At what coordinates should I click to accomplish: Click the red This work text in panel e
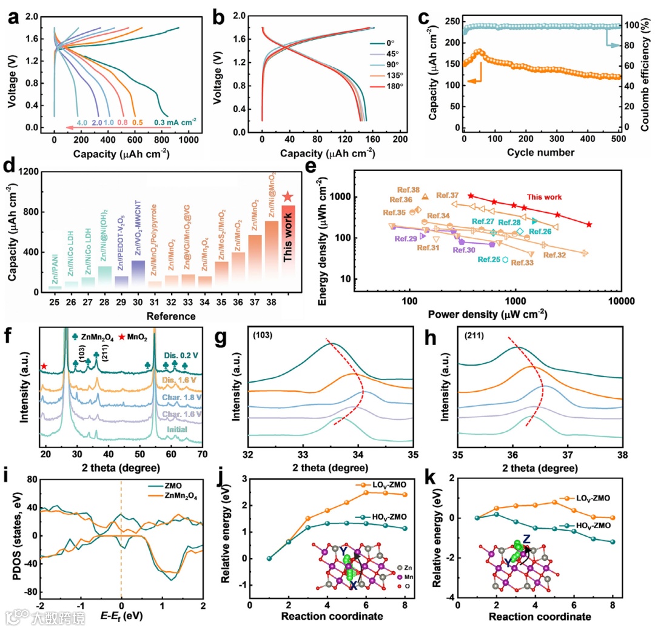pyautogui.click(x=543, y=197)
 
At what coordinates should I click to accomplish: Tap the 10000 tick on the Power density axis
pyautogui.click(x=619, y=302)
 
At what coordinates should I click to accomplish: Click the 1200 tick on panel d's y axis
pyautogui.click(x=24, y=172)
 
